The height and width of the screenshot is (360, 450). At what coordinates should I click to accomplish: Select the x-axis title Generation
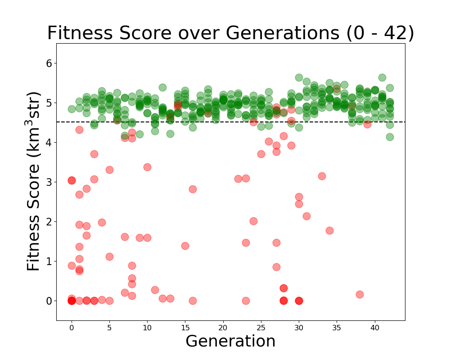coord(230,341)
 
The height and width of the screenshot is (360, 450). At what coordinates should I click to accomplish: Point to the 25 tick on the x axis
coord(261,328)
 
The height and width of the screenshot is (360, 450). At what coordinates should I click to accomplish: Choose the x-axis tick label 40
coord(375,328)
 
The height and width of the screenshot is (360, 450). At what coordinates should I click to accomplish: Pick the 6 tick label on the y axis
coord(49,63)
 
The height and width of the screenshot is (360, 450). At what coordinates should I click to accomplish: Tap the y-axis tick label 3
coord(49,182)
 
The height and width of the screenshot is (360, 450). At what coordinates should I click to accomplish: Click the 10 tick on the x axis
coord(147,328)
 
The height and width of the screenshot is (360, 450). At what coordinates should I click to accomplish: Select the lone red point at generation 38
coord(360,294)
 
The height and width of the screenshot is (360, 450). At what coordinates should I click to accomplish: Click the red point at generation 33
coord(322,176)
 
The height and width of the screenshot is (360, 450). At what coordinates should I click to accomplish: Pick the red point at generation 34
coord(329,230)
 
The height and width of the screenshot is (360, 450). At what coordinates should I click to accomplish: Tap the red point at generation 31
coord(306,216)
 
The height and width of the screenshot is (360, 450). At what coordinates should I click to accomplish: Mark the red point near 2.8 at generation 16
coord(193,189)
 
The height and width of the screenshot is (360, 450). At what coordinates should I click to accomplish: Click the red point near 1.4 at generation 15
coord(185,246)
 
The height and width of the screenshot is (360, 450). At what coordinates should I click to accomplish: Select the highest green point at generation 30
coord(299,78)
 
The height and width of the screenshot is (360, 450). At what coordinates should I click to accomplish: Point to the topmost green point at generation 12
coord(162,87)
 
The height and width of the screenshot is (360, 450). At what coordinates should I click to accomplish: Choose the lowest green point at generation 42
coord(390,137)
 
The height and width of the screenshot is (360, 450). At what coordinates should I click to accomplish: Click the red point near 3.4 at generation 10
coord(147,167)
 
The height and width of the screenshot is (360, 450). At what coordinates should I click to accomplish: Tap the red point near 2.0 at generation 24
coord(253,221)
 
